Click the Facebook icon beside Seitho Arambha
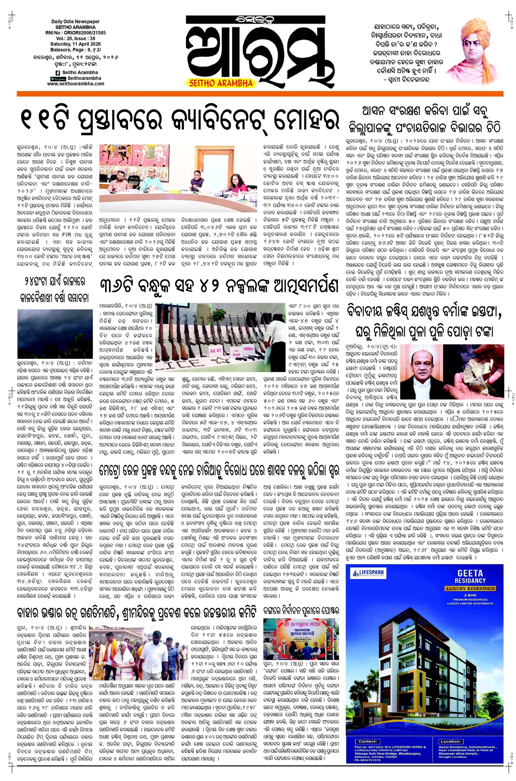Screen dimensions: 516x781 58,72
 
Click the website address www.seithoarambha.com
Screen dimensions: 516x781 76,84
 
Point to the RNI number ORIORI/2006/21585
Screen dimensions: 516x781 76,33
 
